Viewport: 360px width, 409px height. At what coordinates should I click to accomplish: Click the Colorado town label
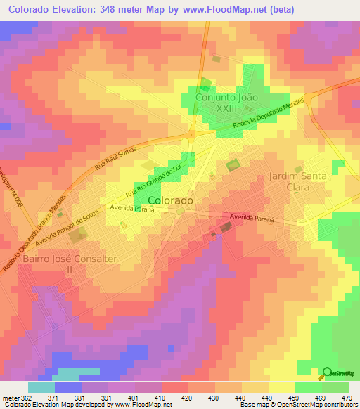tap(171, 200)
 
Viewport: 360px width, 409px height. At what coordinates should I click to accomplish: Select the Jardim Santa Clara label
tap(297, 183)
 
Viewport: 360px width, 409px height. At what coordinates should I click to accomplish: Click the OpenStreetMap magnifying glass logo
tap(327, 373)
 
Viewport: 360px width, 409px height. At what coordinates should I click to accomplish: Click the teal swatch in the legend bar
tap(41, 387)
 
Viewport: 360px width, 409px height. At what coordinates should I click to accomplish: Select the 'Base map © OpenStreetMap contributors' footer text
tap(299, 405)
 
